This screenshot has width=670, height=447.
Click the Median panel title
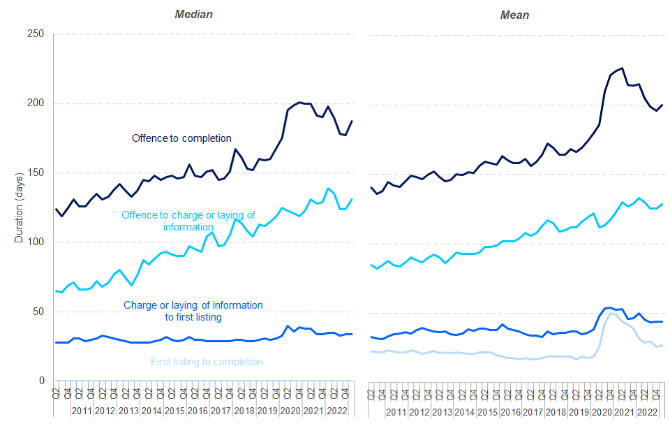(193, 14)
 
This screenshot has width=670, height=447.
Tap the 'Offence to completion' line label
(181, 138)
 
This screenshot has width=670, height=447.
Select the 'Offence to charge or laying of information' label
(188, 221)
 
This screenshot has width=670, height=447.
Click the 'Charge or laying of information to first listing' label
(193, 311)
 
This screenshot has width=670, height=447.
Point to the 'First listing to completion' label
(207, 362)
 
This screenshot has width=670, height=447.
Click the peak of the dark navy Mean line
(621, 68)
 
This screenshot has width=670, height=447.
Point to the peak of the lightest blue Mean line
(611, 313)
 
